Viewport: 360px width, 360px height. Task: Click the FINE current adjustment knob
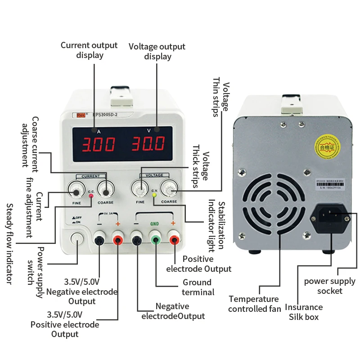point(76,192)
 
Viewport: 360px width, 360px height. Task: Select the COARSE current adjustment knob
point(106,192)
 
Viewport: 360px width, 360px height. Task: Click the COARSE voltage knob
point(170,190)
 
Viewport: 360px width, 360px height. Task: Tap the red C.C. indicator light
point(91,196)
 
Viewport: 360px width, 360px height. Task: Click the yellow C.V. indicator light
point(154,195)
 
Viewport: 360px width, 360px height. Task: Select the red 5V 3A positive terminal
point(118,240)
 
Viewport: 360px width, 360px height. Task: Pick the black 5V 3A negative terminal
point(99,240)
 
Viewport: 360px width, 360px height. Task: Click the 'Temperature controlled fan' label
point(254,304)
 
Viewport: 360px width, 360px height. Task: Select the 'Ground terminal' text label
point(197,287)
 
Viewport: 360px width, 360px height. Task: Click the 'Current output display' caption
point(89,50)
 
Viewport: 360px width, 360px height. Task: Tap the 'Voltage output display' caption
point(157,51)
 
